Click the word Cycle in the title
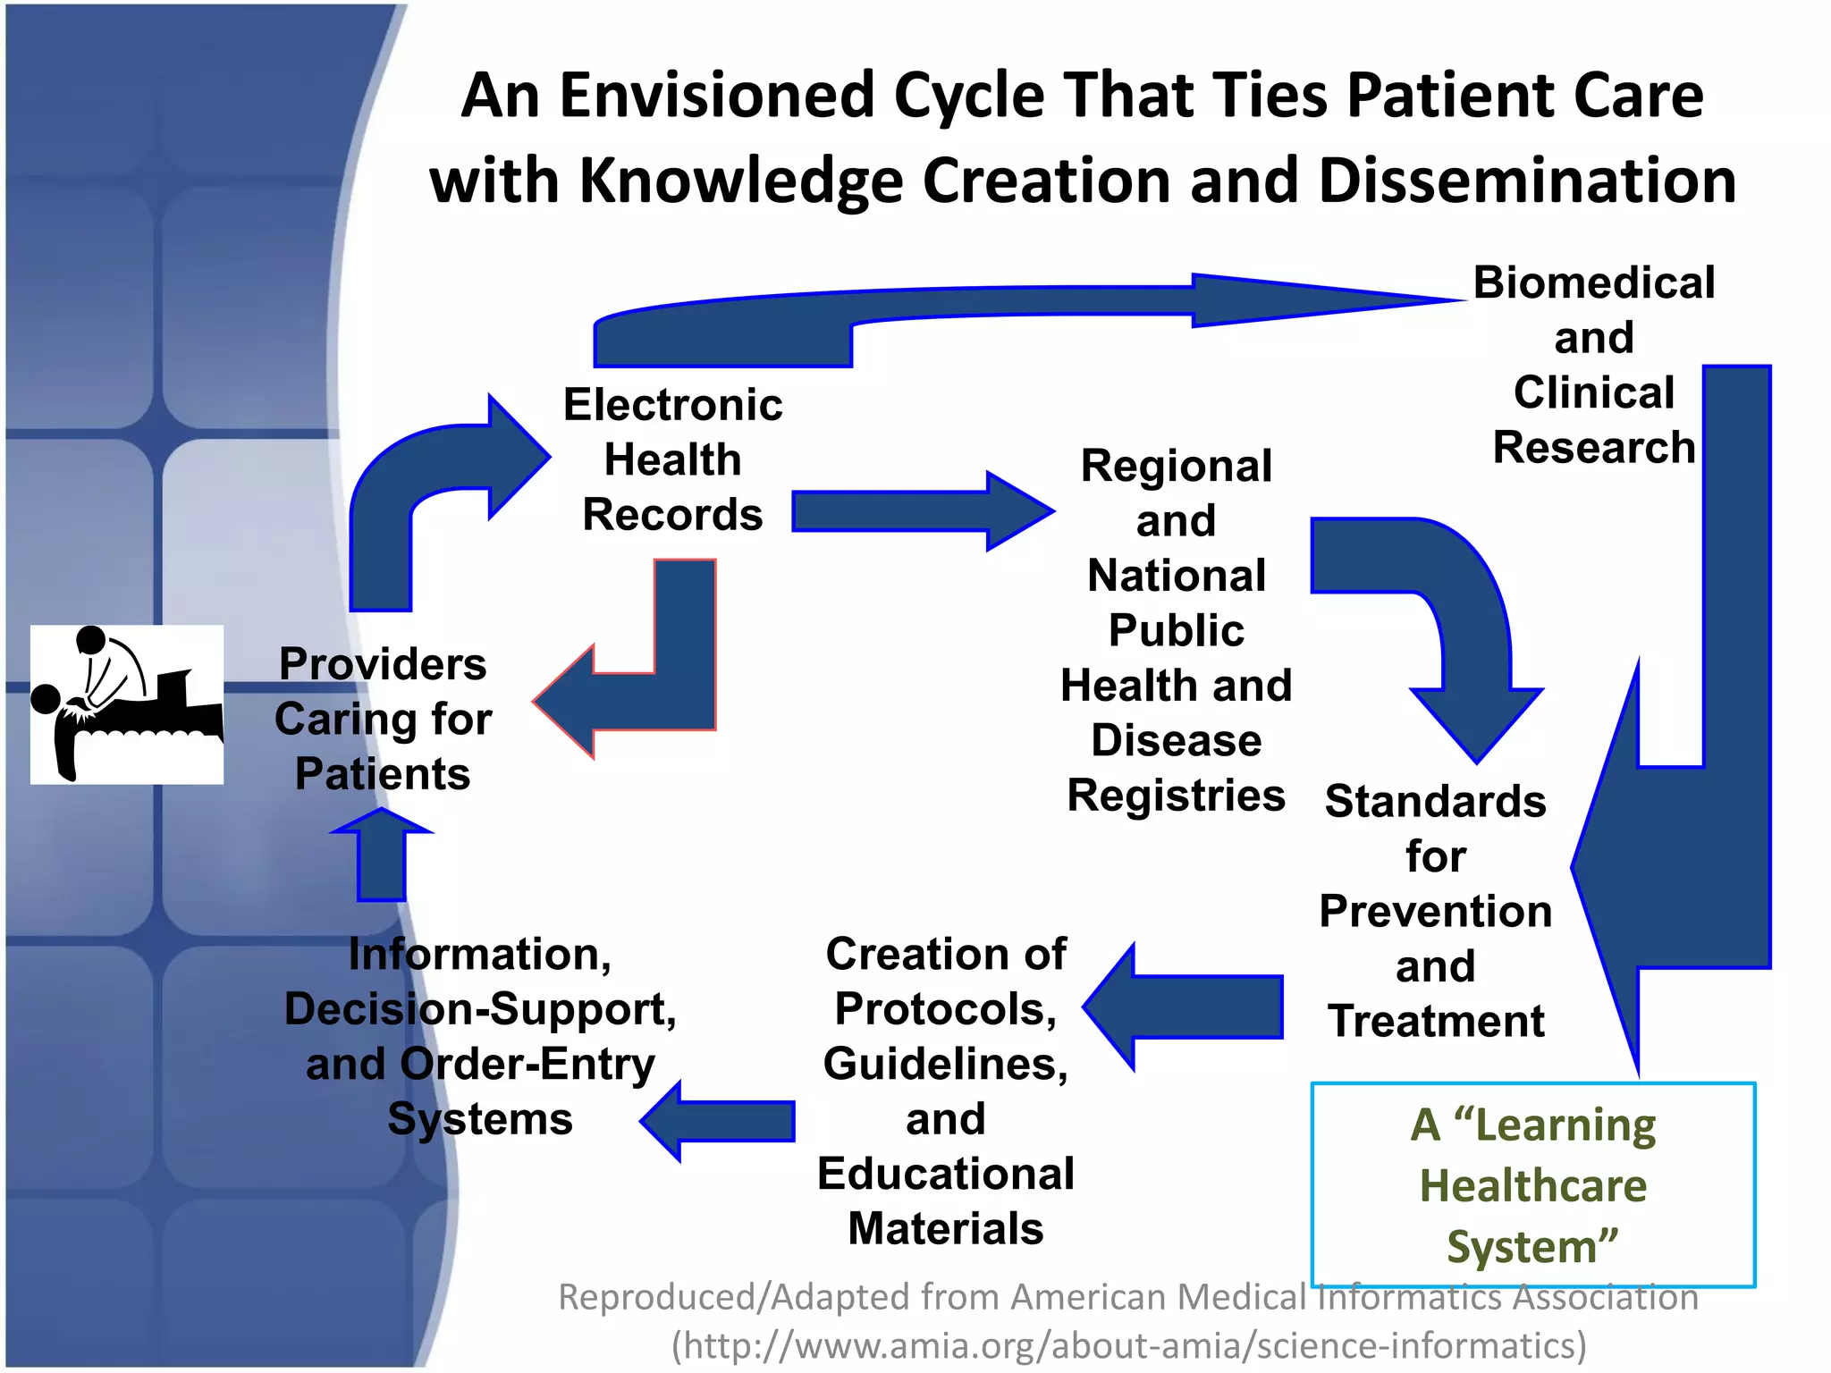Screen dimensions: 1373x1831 tap(968, 97)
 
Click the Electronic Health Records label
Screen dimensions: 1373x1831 tap(672, 459)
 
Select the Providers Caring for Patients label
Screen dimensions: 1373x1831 tap(383, 719)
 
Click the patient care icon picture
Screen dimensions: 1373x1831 tap(127, 704)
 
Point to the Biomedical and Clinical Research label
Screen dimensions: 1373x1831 tap(1593, 365)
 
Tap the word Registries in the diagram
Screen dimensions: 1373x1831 tap(1176, 796)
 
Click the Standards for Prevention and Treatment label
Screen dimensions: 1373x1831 tap(1435, 911)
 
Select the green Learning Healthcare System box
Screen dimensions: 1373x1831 tap(1532, 1184)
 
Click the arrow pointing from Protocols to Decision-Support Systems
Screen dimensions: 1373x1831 tap(720, 1121)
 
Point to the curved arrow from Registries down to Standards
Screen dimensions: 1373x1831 tap(1448, 617)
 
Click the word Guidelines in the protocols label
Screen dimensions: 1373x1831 tap(945, 1065)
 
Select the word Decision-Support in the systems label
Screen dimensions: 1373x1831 tap(480, 1009)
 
